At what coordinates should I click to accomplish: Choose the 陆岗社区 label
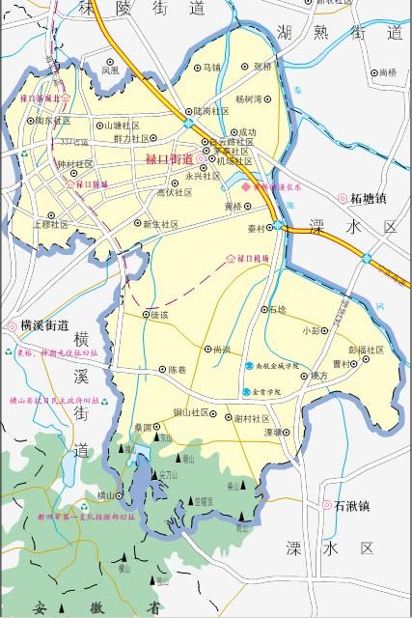[x=214, y=111]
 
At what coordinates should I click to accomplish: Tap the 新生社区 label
[x=161, y=224]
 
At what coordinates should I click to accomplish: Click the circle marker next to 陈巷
[x=161, y=370]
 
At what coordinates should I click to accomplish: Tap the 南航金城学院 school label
[x=281, y=367]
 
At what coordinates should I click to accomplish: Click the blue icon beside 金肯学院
[x=247, y=393]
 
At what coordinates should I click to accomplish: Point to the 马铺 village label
[x=210, y=68]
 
